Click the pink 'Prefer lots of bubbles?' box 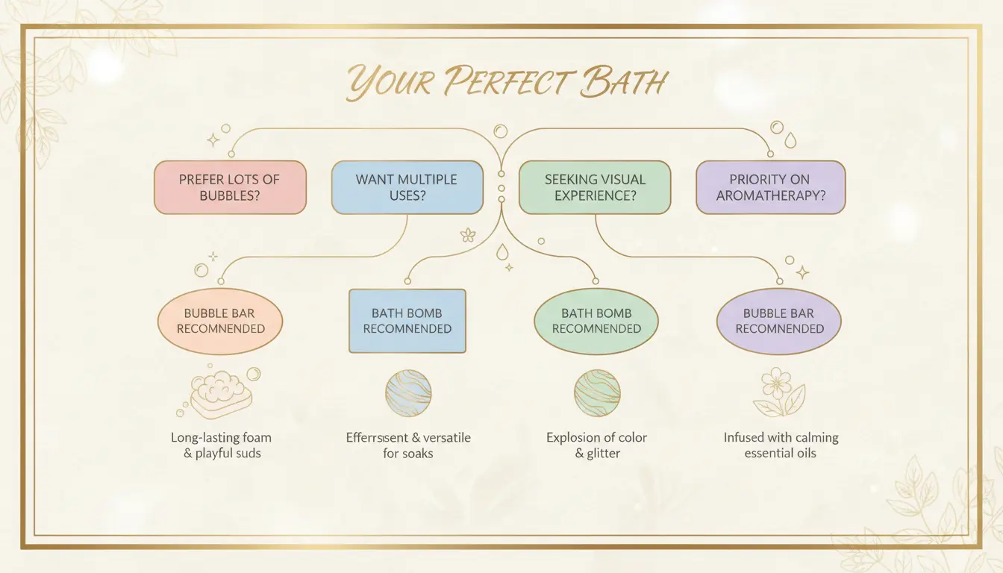tap(230, 187)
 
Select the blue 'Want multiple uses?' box tap(407, 187)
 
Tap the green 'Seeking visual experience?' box tap(595, 187)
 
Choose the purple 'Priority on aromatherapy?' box tap(770, 187)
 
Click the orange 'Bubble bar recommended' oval tap(221, 321)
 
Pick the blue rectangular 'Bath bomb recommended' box tap(407, 321)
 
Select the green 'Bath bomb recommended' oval tap(596, 321)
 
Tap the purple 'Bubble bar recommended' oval tap(779, 321)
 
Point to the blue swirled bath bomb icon tap(408, 393)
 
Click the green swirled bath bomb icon tap(597, 393)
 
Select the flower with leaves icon tap(778, 392)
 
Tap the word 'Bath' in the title tap(625, 82)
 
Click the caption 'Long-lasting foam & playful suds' tap(221, 445)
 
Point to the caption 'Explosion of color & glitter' tap(597, 445)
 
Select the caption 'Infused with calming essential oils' tap(781, 445)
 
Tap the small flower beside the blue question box tap(468, 235)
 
